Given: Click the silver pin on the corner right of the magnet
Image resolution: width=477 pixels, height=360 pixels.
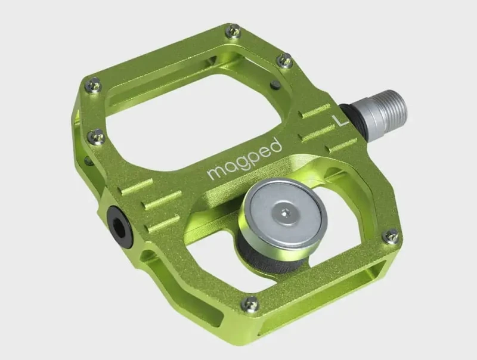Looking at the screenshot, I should [x=391, y=236].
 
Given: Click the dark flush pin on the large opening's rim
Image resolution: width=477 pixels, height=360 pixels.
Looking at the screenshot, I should [x=275, y=85].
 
